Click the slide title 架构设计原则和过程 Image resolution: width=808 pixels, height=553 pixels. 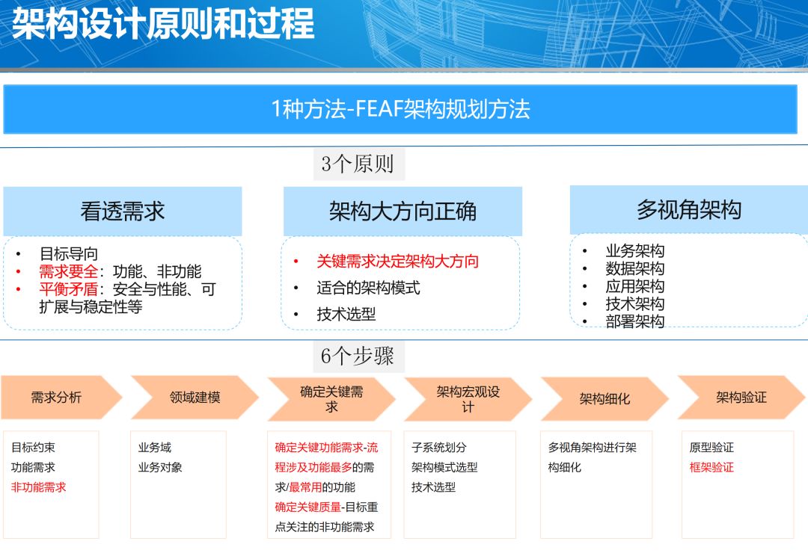[x=163, y=24]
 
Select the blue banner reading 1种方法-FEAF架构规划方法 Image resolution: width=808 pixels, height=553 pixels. [x=400, y=109]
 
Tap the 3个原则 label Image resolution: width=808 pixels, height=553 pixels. [x=358, y=164]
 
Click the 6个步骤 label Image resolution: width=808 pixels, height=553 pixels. [x=358, y=356]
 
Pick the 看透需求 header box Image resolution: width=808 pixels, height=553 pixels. [x=123, y=211]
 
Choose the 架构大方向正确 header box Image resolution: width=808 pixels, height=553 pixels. [x=403, y=211]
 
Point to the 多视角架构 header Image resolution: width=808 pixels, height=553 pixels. [x=689, y=209]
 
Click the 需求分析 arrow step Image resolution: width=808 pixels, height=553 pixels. [x=61, y=397]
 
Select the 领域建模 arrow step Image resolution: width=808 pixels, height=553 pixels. [x=195, y=397]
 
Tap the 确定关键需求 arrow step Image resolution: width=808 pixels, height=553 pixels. [x=331, y=399]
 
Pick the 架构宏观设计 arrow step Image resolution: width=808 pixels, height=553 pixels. [x=468, y=399]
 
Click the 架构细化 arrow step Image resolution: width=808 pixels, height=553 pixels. [x=605, y=399]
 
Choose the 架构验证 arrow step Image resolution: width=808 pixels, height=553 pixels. [x=741, y=397]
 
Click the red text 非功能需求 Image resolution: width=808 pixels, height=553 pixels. [x=39, y=487]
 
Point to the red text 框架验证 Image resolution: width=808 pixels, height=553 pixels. [x=711, y=467]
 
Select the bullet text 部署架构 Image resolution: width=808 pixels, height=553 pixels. [x=635, y=321]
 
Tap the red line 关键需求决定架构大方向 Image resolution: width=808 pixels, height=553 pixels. [x=397, y=261]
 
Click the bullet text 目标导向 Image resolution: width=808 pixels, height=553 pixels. [x=69, y=253]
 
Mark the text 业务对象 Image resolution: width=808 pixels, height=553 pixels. [x=160, y=467]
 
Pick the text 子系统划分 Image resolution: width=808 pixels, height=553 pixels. [x=439, y=447]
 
